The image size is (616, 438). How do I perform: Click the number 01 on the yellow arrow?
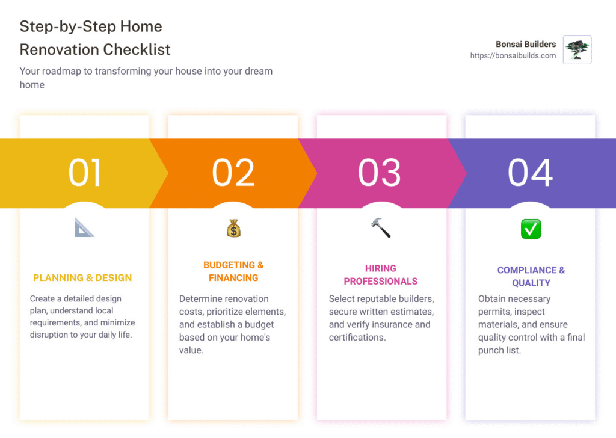pyautogui.click(x=85, y=173)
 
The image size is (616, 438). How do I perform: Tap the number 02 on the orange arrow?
pyautogui.click(x=233, y=173)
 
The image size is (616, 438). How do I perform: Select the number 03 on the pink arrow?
pyautogui.click(x=380, y=173)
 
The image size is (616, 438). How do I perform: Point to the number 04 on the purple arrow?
pyautogui.click(x=531, y=173)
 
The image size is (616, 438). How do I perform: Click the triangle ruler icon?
pyautogui.click(x=84, y=228)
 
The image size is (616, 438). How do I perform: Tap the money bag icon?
pyautogui.click(x=233, y=228)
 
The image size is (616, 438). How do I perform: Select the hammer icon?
pyautogui.click(x=381, y=228)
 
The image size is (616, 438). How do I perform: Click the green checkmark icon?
pyautogui.click(x=531, y=229)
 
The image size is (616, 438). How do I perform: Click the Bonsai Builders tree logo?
pyautogui.click(x=577, y=50)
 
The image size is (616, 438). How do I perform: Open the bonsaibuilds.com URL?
pyautogui.click(x=513, y=56)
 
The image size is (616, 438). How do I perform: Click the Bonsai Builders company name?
pyautogui.click(x=526, y=44)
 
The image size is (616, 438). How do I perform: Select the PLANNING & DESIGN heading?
pyautogui.click(x=82, y=278)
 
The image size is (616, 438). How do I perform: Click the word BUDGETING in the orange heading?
pyautogui.click(x=229, y=265)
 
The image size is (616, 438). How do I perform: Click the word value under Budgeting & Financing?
pyautogui.click(x=191, y=350)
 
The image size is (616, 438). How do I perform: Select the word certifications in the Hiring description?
pyautogui.click(x=357, y=338)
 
